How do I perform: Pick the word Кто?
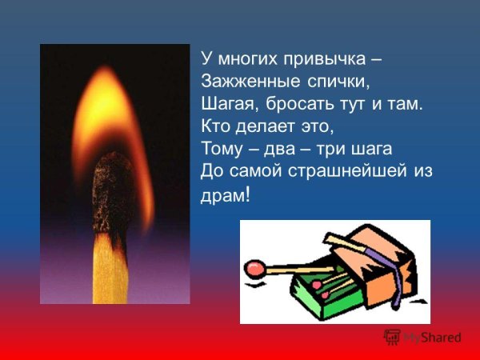(214, 126)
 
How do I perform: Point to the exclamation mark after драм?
(246, 194)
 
